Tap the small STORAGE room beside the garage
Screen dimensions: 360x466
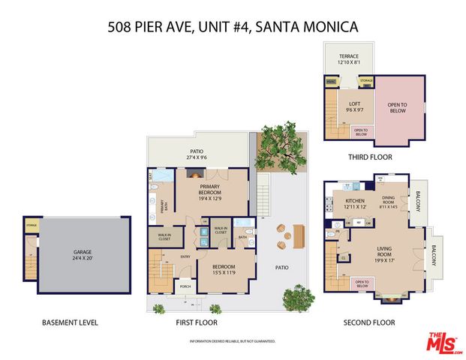point(31,224)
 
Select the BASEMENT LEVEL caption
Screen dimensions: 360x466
point(70,323)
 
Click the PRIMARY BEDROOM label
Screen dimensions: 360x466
point(199,190)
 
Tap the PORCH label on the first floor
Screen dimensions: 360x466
point(185,285)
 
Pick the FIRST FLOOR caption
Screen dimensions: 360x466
point(197,323)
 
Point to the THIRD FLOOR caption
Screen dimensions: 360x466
point(368,157)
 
